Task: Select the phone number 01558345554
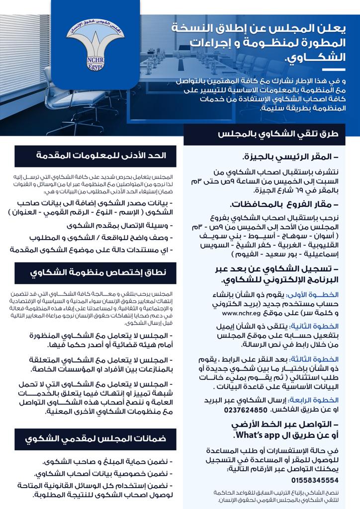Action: click(315, 480)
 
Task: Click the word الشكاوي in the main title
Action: click(314, 56)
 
